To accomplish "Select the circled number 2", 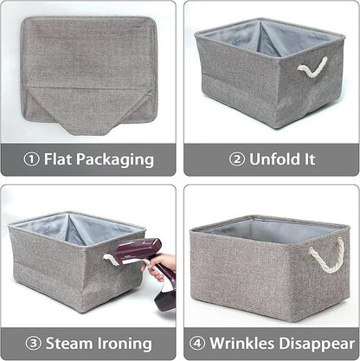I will [x=236, y=159].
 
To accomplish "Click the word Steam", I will [x=71, y=342].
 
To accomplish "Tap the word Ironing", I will [x=126, y=343].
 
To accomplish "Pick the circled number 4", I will [x=198, y=342].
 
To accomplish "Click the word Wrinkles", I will [x=244, y=342].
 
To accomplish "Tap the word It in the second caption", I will [x=307, y=159].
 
